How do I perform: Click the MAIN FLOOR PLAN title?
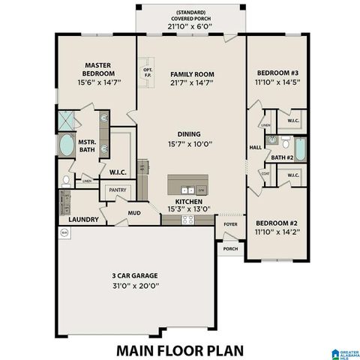point(179,349)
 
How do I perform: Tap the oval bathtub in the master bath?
point(66,146)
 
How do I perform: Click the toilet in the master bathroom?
point(65,180)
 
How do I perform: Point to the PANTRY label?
point(117,190)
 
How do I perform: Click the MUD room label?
point(133,213)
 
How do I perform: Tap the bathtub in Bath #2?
point(299,149)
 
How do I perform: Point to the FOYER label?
point(230,223)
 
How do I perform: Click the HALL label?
point(256,148)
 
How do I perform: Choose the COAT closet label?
point(266,173)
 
